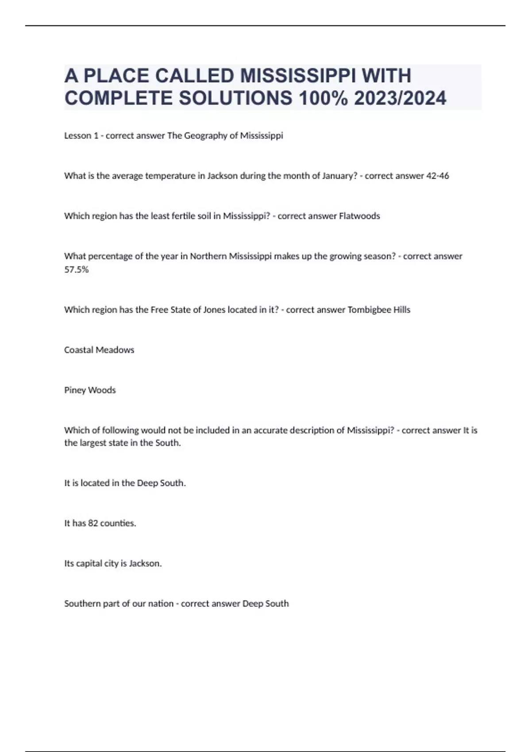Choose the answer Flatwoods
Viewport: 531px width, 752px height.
pyautogui.click(x=359, y=216)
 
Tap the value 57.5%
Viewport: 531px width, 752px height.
pyautogui.click(x=77, y=270)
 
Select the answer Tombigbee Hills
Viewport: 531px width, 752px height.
pyautogui.click(x=379, y=310)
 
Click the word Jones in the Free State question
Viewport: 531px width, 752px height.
pyautogui.click(x=214, y=310)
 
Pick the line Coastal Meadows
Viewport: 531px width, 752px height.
pyautogui.click(x=99, y=350)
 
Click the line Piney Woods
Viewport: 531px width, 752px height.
pyautogui.click(x=90, y=391)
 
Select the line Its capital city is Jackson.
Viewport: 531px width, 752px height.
pyautogui.click(x=113, y=564)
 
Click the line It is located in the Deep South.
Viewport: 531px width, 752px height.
pyautogui.click(x=125, y=483)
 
